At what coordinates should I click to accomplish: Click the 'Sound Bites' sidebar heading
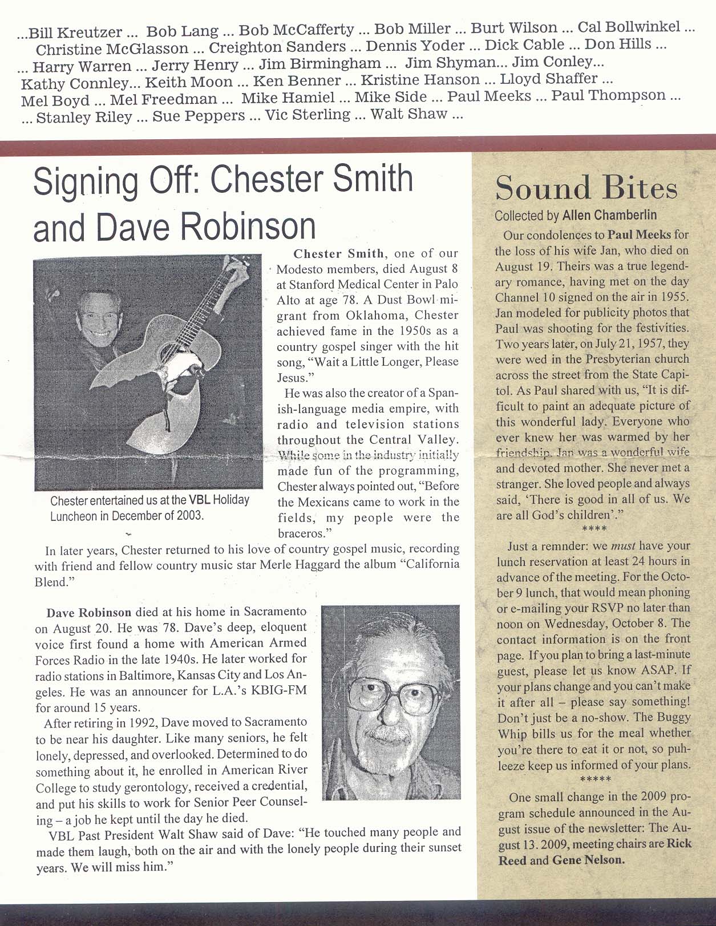click(x=586, y=188)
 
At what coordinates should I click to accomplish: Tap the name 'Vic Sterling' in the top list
click(x=308, y=115)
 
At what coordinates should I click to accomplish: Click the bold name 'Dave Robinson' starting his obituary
click(x=89, y=613)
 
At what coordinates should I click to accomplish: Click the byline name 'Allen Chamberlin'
click(x=609, y=215)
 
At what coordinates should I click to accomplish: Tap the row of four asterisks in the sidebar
click(x=594, y=530)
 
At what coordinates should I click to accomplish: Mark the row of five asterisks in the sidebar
click(x=595, y=779)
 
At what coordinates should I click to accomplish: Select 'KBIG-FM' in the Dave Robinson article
click(x=277, y=691)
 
